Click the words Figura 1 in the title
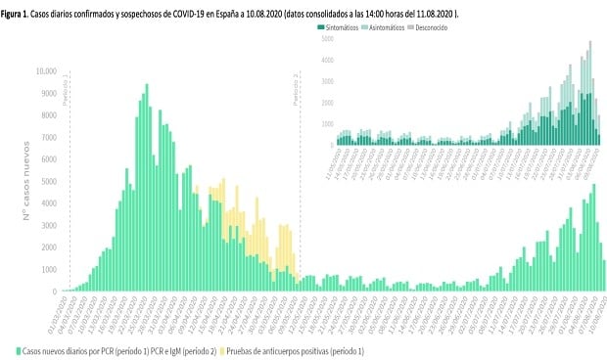pos(21,10)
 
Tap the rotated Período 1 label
pos(66,88)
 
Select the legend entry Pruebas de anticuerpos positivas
pos(294,348)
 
